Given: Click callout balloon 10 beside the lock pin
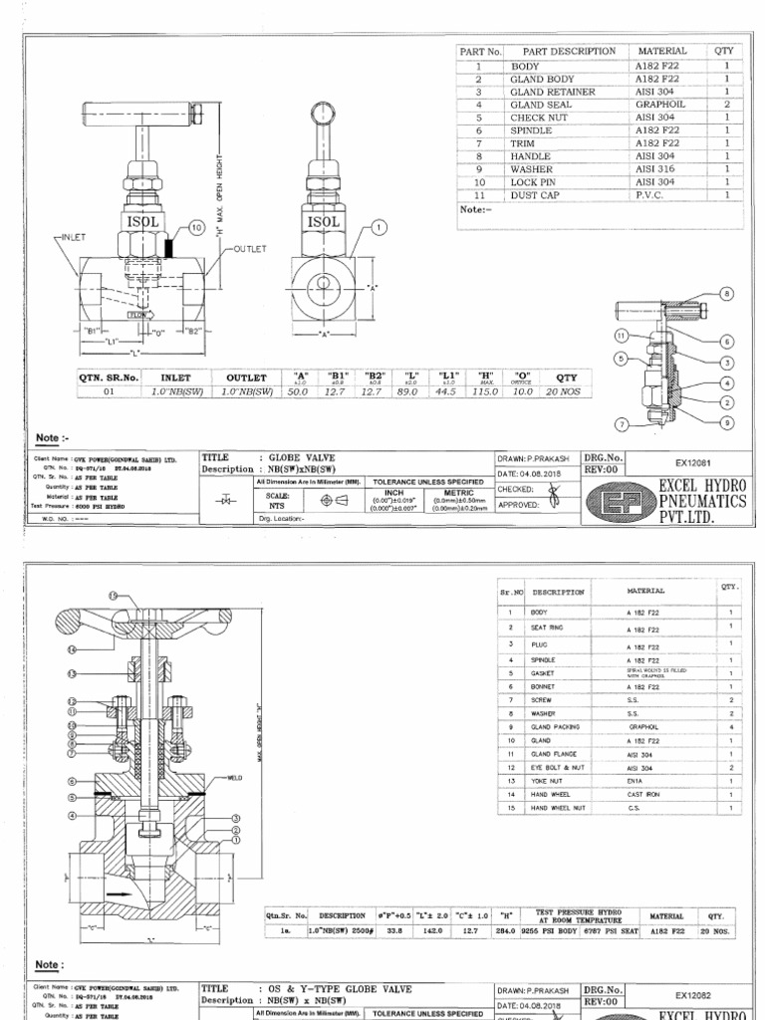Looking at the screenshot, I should (x=194, y=228).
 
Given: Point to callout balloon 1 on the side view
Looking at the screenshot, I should (x=379, y=228).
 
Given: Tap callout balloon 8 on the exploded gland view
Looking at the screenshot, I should (x=725, y=294).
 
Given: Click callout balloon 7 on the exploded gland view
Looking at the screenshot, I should (x=623, y=423).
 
